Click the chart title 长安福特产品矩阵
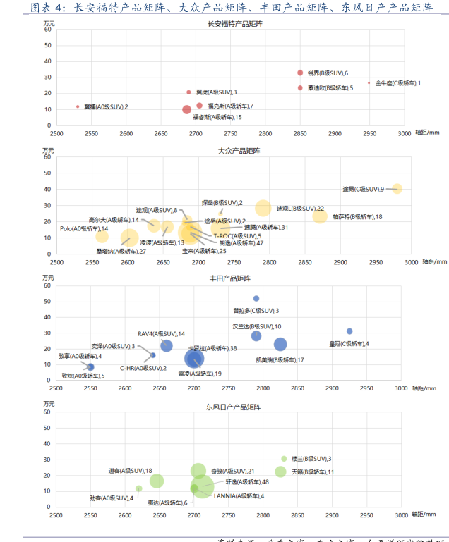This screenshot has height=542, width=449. (236, 24)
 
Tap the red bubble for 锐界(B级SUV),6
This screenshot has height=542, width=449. (300, 73)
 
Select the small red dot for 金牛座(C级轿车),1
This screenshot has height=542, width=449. (369, 82)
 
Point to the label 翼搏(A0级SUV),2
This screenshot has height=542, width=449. (106, 106)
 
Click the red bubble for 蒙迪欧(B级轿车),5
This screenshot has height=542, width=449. (300, 88)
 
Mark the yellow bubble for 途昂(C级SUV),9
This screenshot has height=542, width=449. (397, 188)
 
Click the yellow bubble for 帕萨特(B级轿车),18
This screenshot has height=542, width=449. (321, 216)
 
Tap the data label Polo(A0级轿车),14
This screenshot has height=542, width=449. (83, 228)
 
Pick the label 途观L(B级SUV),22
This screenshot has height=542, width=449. (300, 209)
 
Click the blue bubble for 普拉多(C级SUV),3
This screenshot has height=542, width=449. (256, 298)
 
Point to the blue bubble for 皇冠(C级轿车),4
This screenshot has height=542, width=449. (349, 331)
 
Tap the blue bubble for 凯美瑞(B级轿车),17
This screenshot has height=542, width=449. (280, 344)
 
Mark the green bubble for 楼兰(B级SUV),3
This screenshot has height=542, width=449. (285, 459)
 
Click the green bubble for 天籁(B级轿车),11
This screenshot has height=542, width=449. (281, 472)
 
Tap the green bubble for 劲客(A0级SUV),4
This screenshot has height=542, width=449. (139, 488)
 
